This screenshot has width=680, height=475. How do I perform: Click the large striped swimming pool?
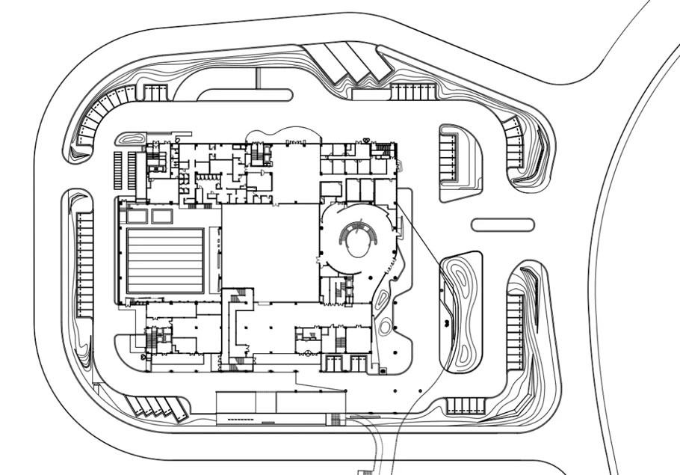[x=165, y=260]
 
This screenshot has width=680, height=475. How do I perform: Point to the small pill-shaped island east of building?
[x=503, y=224]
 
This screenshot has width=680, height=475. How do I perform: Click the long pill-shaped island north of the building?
[x=244, y=95]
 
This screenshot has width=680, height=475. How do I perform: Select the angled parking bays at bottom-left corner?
[x=155, y=407]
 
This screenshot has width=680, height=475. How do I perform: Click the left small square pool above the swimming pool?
[x=137, y=216]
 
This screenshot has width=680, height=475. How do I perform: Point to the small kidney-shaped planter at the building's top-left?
[x=133, y=140]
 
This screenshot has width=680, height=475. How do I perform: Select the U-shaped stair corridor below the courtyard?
[x=238, y=329]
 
